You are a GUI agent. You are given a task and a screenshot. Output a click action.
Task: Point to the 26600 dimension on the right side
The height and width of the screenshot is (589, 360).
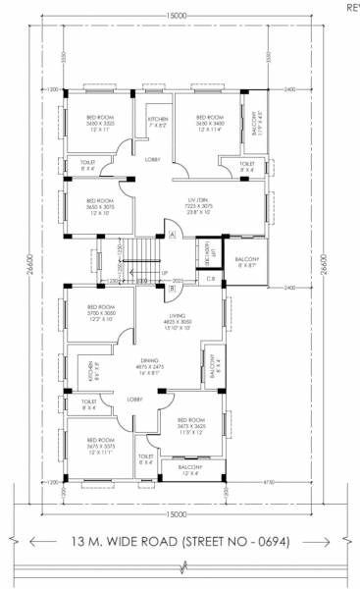pyautogui.click(x=323, y=266)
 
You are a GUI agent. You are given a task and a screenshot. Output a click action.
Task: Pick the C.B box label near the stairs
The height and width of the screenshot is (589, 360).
pyautogui.click(x=210, y=280)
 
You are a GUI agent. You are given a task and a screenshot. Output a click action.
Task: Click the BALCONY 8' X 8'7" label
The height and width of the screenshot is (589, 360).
pyautogui.click(x=247, y=262)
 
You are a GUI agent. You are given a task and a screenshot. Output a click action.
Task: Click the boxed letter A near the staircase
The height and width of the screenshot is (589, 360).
pyautogui.click(x=171, y=235)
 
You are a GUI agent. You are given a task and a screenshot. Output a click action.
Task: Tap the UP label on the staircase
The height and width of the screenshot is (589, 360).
pyautogui.click(x=165, y=272)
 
